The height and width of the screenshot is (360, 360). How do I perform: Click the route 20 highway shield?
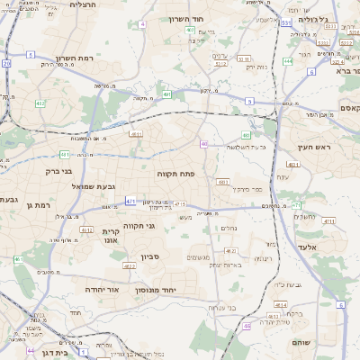tap(6, 64)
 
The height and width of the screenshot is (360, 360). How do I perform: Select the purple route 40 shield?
tap(204, 144)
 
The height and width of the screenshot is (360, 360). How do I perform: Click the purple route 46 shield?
tap(247, 327)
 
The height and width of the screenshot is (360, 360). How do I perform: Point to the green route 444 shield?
tap(287, 61)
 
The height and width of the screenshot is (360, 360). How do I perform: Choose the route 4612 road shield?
tap(86, 229)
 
